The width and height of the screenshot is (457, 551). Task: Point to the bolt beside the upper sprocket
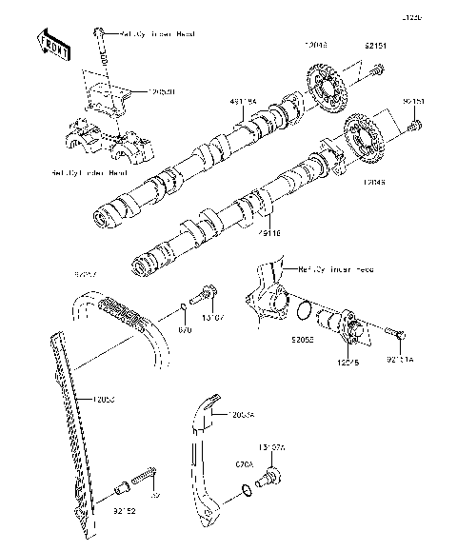coord(378,69)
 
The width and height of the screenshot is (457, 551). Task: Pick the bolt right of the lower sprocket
coord(415,125)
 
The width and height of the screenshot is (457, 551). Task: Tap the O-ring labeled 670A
coord(248,490)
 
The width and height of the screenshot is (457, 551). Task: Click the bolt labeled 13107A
coord(270,473)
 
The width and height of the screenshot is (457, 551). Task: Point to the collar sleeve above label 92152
coord(121,490)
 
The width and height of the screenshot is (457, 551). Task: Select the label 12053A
coord(242,414)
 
